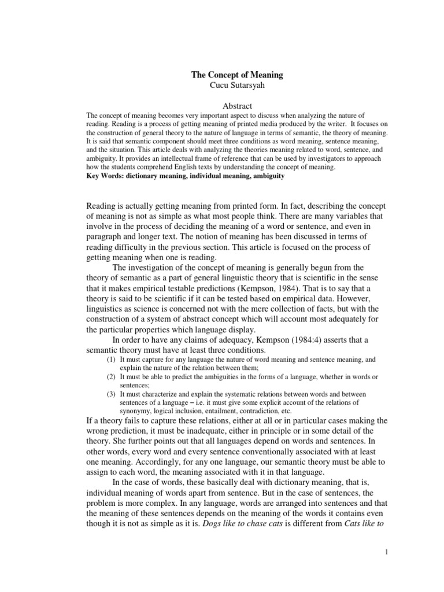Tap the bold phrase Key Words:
tap(102, 175)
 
